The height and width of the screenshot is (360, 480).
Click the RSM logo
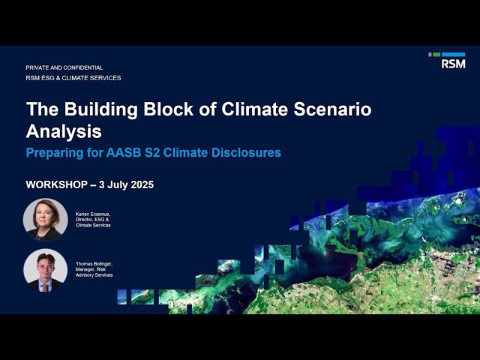click(452, 61)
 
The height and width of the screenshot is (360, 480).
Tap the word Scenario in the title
click(331, 109)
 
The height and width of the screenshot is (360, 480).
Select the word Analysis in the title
click(64, 132)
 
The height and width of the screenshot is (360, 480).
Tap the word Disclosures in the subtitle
click(247, 152)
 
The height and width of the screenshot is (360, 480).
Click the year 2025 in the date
click(138, 184)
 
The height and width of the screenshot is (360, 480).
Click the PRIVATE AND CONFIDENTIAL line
click(64, 67)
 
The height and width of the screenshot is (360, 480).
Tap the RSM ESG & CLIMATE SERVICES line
click(73, 78)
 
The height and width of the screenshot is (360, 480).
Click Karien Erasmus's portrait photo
click(45, 219)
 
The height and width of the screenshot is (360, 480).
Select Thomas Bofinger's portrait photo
click(45, 270)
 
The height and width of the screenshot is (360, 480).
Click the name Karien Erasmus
click(93, 214)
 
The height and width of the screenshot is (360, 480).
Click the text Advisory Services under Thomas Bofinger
click(94, 275)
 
